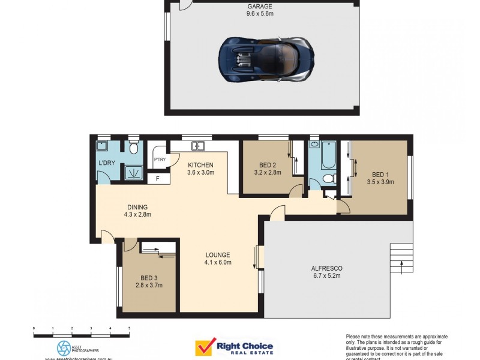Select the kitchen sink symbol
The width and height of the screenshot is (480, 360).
tap(198, 146)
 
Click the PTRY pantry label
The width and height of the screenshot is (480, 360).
tap(160, 159)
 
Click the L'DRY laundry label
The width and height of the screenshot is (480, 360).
tap(107, 163)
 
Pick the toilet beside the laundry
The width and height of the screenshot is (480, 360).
tap(133, 148)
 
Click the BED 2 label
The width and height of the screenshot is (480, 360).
tap(268, 165)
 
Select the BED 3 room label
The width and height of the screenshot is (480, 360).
tap(149, 278)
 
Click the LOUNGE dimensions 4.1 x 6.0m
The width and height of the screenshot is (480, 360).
tap(218, 262)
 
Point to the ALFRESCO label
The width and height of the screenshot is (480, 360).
tap(326, 268)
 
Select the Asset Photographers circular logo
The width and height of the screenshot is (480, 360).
tap(64, 348)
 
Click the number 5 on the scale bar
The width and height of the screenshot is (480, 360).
tap(130, 328)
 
